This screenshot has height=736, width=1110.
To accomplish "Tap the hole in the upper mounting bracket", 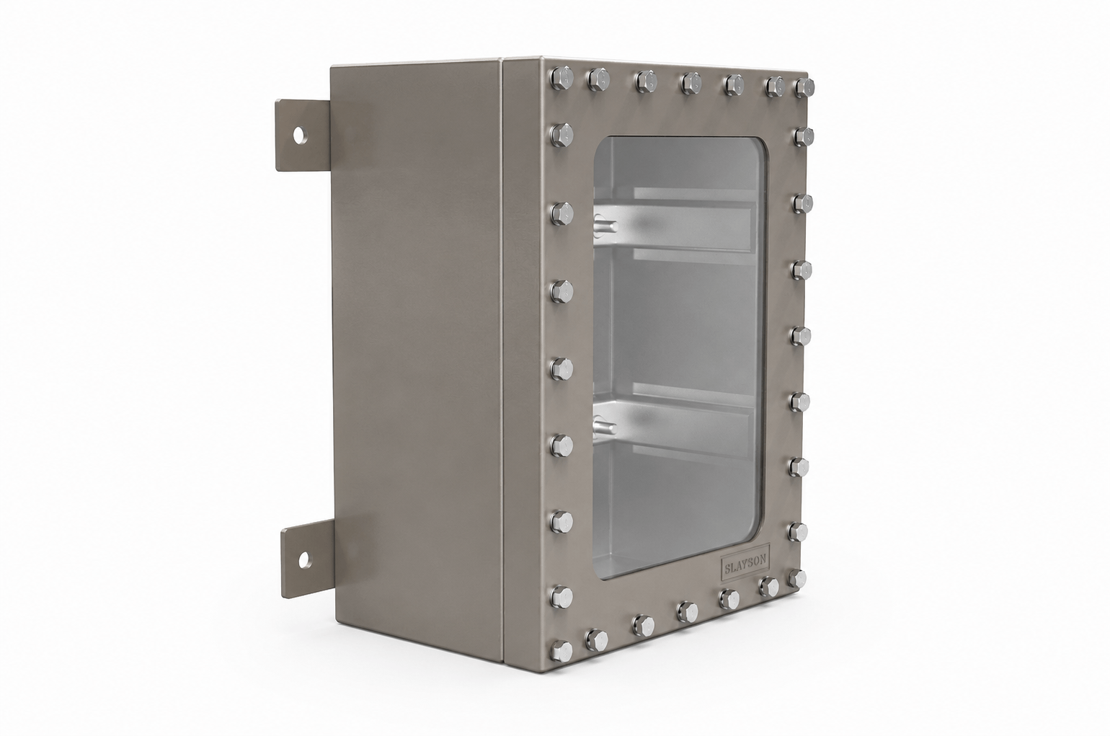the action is click(x=299, y=135).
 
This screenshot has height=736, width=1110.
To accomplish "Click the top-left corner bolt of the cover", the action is click(x=561, y=78).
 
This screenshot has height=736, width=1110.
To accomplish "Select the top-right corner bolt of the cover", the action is click(x=804, y=88).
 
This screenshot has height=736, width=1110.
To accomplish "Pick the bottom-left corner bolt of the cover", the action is click(x=561, y=651).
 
